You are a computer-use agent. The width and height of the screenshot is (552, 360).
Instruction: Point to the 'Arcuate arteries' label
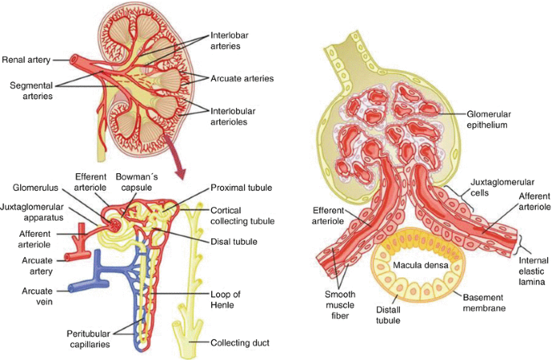(242, 78)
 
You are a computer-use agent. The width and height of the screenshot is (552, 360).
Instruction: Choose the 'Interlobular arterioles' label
(237, 116)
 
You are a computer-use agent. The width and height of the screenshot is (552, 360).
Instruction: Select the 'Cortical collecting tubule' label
(242, 215)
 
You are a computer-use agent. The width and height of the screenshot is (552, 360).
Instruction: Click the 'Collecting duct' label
(241, 342)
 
